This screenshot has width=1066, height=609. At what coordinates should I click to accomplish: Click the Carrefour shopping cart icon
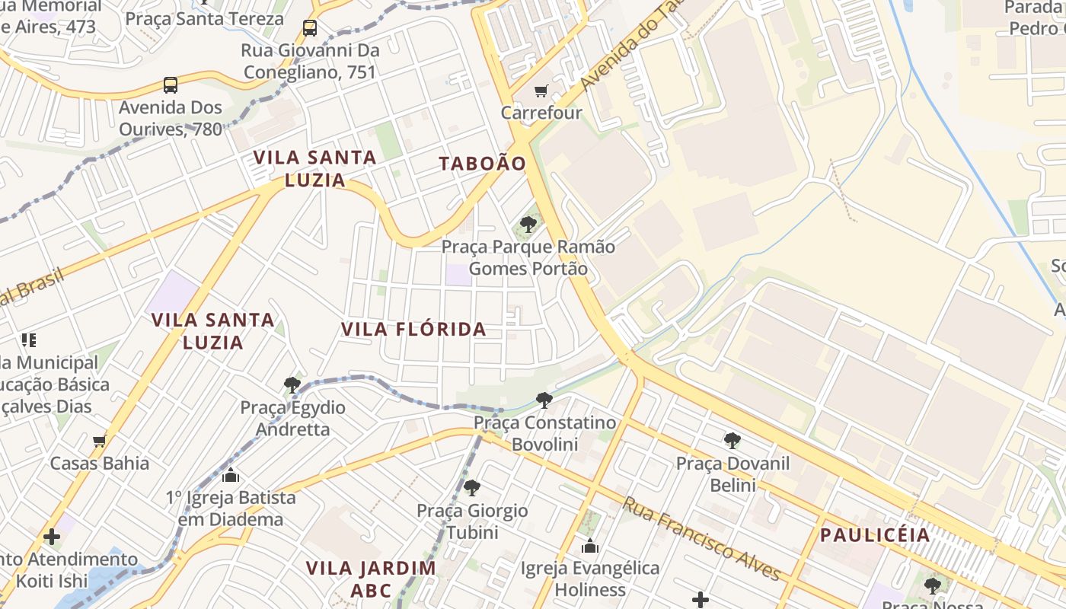pos(541,91)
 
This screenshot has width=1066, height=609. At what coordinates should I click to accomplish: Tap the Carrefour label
pos(541,113)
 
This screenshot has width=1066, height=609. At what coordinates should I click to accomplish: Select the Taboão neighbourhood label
pos(483,164)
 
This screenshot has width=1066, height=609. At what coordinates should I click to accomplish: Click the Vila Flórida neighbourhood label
pos(413,330)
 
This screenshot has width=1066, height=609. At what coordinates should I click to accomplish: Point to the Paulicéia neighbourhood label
pos(875,535)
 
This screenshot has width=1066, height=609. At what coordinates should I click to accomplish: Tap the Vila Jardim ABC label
pos(371,579)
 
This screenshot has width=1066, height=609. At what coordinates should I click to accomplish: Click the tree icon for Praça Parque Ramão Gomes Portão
pos(528,225)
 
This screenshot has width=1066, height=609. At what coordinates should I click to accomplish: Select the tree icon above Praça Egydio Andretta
pos(292,385)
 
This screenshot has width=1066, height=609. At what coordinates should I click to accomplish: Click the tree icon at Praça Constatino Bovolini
pos(544,400)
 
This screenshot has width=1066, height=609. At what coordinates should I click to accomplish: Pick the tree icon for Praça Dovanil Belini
pos(732,440)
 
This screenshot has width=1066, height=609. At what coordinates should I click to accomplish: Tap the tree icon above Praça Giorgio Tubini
pos(472,488)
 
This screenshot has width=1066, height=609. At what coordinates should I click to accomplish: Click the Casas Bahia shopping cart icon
pos(99,441)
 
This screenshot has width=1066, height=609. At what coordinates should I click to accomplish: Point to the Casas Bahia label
pos(100,463)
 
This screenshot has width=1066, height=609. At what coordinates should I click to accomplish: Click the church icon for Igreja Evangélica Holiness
pos(590,546)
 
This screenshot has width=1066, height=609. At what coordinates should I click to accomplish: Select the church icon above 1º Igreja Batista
pos(231,476)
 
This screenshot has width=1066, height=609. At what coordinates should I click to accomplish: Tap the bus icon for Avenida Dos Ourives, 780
pos(171,84)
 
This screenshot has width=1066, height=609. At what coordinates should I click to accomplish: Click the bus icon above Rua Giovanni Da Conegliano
pos(310,28)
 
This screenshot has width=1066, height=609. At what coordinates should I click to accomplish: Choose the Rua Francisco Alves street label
pos(701,538)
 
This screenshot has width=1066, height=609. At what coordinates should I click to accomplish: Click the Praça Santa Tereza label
pos(205,18)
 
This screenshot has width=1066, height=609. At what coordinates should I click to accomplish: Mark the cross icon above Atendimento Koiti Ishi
pos(52,537)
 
